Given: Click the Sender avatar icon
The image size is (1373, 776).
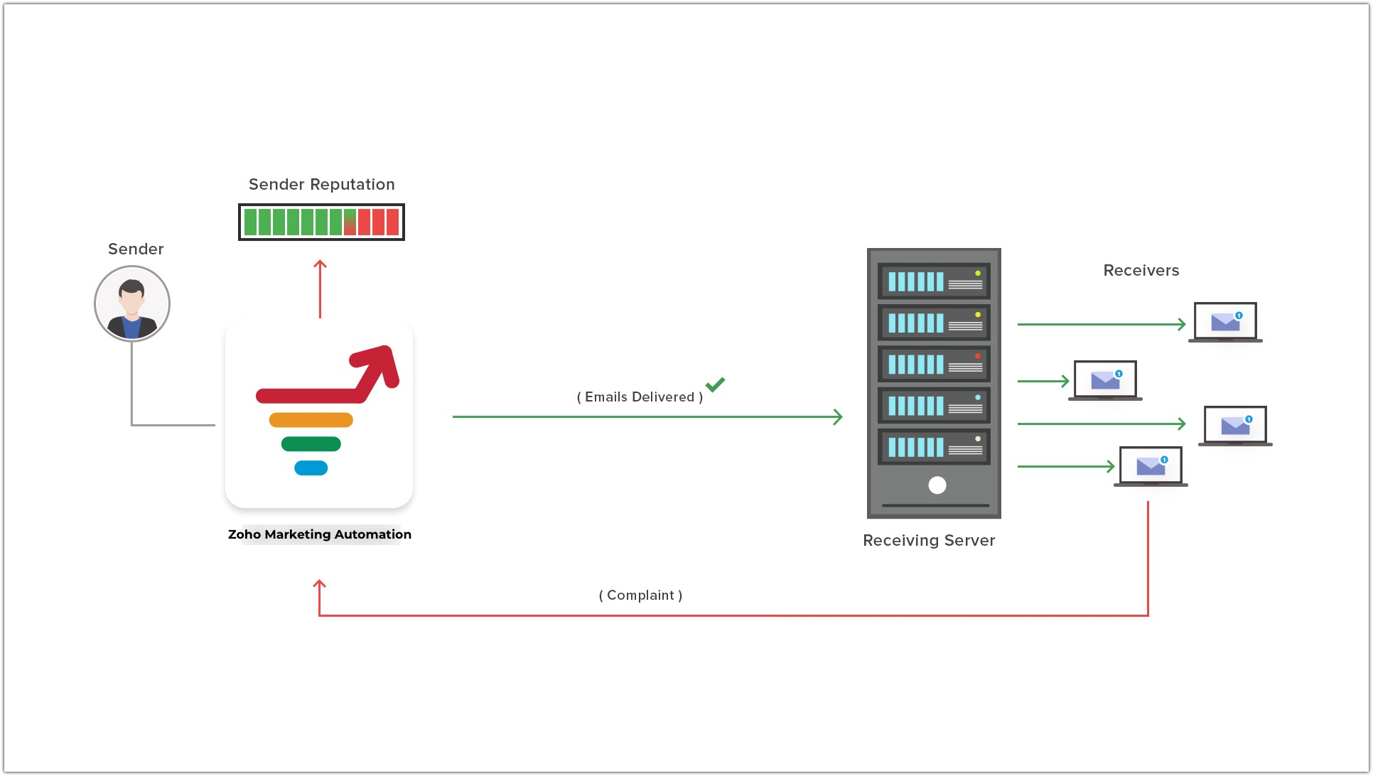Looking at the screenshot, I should [x=132, y=304].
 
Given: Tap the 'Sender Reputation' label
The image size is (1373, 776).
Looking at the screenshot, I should [x=321, y=185].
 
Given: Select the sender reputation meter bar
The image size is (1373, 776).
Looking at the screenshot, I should [x=321, y=222].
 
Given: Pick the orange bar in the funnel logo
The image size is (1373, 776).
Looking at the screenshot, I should [x=311, y=420].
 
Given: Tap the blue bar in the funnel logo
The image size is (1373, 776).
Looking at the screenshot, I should [x=311, y=468].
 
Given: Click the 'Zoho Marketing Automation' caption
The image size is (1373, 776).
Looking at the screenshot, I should [x=319, y=534].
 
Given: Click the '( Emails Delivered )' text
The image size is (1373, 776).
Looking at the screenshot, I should [x=640, y=397].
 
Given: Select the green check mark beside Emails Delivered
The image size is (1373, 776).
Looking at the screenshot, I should [x=715, y=384].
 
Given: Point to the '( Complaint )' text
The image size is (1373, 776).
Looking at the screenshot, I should [x=640, y=596].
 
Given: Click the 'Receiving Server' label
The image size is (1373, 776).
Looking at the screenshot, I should [x=929, y=541].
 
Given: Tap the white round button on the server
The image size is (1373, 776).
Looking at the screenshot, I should [x=937, y=485].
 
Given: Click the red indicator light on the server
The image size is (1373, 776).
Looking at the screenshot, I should [x=978, y=356].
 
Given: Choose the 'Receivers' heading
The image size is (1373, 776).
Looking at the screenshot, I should [x=1141, y=271].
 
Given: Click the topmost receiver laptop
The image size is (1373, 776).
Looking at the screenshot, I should [x=1225, y=322].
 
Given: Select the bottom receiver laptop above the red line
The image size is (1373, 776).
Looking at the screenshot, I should [x=1151, y=466].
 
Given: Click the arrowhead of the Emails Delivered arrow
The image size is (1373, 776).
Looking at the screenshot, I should [x=839, y=417].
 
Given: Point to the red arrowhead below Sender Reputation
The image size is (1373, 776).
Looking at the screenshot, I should [x=321, y=264].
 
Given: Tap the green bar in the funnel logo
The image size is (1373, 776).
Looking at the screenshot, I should [x=311, y=444].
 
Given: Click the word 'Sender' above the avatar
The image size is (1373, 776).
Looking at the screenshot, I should [x=136, y=249].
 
